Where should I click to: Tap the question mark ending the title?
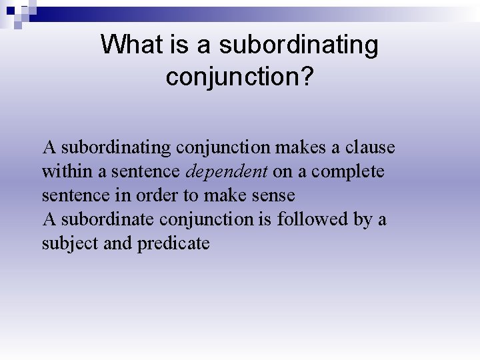[307, 76]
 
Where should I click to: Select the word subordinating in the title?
[298, 45]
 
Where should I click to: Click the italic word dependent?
[227, 171]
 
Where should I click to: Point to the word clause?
[370, 147]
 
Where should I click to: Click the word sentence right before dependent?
[145, 171]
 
